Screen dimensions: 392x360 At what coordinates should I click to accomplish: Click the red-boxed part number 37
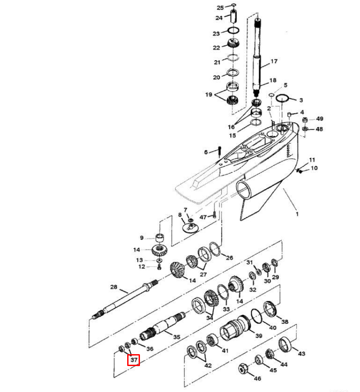click(x=133, y=360)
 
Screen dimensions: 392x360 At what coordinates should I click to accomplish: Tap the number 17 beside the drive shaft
click(x=274, y=61)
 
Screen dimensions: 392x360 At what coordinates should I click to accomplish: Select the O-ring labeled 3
click(x=283, y=99)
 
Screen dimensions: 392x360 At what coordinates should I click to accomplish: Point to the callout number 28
click(x=113, y=287)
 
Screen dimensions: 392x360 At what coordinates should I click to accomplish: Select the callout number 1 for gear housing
click(x=297, y=214)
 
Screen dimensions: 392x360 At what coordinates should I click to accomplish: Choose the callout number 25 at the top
click(x=220, y=7)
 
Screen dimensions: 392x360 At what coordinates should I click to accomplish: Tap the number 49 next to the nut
click(x=320, y=119)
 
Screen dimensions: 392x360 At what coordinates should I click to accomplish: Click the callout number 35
click(x=176, y=337)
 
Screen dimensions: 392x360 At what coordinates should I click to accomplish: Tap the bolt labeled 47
click(x=214, y=216)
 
